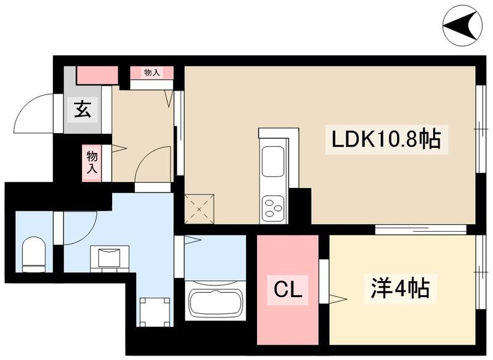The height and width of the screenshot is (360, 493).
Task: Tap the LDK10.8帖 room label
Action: click(386, 140)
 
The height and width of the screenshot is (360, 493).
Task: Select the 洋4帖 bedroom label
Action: click(400, 287)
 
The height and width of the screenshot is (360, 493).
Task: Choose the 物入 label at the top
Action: click(152, 73)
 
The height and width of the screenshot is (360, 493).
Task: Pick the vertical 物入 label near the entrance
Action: click(92, 162)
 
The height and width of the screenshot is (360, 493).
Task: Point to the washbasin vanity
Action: click(110, 258)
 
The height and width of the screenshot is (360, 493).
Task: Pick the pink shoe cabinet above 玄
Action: click(97, 75)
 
